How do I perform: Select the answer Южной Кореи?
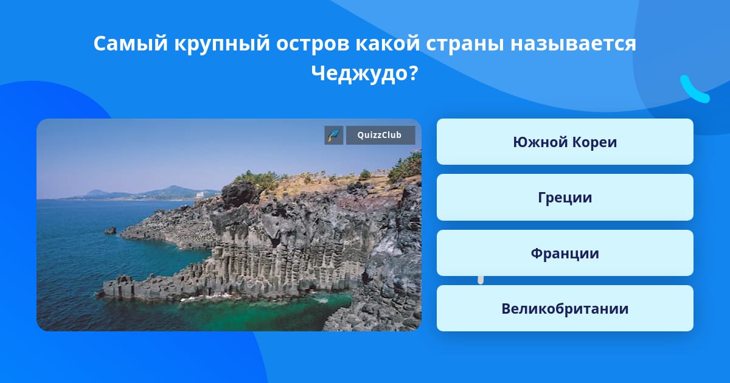click(565, 142)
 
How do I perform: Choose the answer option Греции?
click(565, 198)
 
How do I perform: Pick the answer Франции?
click(565, 253)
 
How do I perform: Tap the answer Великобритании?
click(565, 308)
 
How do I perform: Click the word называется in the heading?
click(573, 44)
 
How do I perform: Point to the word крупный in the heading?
click(222, 44)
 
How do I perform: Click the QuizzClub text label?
click(380, 135)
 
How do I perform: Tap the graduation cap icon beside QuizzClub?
click(334, 135)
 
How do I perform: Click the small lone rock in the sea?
click(111, 230)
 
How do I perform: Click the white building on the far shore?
click(200, 195)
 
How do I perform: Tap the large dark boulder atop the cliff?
click(239, 194)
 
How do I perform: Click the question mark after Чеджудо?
click(413, 73)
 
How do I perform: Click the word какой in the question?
click(388, 44)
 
